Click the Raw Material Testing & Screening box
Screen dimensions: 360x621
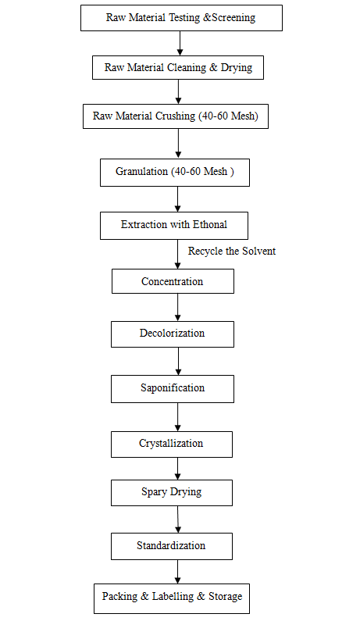pos(181,18)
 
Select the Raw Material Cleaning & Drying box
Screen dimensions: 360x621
pos(178,67)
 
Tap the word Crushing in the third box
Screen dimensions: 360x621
pos(176,116)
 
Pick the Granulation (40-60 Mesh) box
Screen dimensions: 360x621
pos(175,173)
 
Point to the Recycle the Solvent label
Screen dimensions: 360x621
pos(232,251)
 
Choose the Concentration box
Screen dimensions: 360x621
pos(173,281)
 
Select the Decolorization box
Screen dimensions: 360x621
pos(173,334)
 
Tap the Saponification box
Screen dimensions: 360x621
pos(173,389)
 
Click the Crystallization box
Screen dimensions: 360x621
pos(172,444)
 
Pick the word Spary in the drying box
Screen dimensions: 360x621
pos(154,492)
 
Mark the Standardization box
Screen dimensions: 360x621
pos(172,546)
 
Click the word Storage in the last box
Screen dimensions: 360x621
pos(226,597)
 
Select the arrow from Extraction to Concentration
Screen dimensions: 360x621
pos(177,255)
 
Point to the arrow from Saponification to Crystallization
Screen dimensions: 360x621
pos(177,417)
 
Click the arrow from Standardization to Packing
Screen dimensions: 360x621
pos(177,572)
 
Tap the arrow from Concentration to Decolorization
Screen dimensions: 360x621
pos(177,307)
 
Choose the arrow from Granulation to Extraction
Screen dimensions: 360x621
pos(177,199)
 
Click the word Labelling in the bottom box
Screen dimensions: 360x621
pos(173,597)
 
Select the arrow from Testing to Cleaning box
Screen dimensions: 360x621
pos(180,43)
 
